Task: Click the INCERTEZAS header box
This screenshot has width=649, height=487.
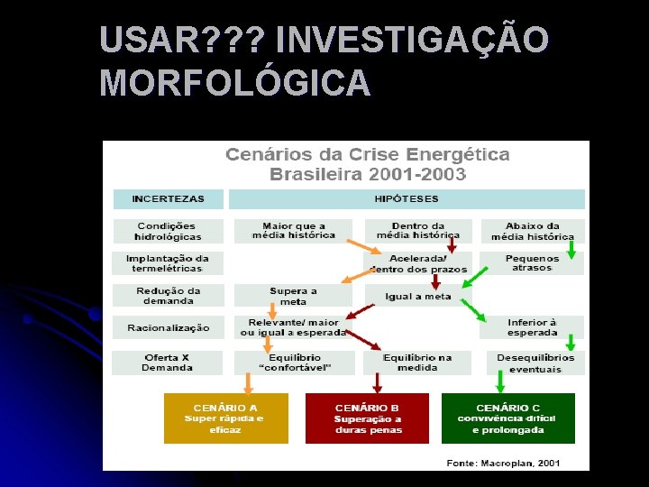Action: pyautogui.click(x=168, y=199)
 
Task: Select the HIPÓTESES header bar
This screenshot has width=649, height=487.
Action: pyautogui.click(x=407, y=199)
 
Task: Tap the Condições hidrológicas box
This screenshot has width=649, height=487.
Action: pyautogui.click(x=168, y=231)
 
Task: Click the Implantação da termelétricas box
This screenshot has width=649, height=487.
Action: pyautogui.click(x=168, y=262)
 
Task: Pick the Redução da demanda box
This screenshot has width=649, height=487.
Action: pyautogui.click(x=168, y=295)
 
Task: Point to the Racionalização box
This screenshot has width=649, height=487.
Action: pyautogui.click(x=168, y=328)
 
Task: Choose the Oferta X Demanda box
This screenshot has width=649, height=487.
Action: pyautogui.click(x=168, y=363)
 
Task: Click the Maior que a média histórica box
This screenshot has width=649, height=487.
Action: pyautogui.click(x=294, y=231)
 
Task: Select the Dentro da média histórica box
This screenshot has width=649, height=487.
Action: pyautogui.click(x=418, y=231)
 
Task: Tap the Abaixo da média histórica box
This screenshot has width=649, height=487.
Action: pyautogui.click(x=532, y=231)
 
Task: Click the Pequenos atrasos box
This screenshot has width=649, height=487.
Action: pyautogui.click(x=532, y=262)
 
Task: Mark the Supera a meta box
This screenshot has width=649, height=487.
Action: pyautogui.click(x=293, y=296)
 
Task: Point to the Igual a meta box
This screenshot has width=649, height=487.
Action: pyautogui.click(x=417, y=296)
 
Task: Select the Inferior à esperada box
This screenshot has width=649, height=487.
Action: pyautogui.click(x=532, y=327)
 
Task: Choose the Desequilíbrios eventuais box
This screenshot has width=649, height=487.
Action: pyautogui.click(x=535, y=363)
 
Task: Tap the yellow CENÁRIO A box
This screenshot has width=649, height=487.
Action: pyautogui.click(x=225, y=418)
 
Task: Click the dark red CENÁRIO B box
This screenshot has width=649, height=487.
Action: pyautogui.click(x=368, y=418)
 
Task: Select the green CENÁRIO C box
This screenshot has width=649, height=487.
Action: pyautogui.click(x=507, y=418)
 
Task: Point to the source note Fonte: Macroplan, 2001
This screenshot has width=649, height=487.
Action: pyautogui.click(x=504, y=463)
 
